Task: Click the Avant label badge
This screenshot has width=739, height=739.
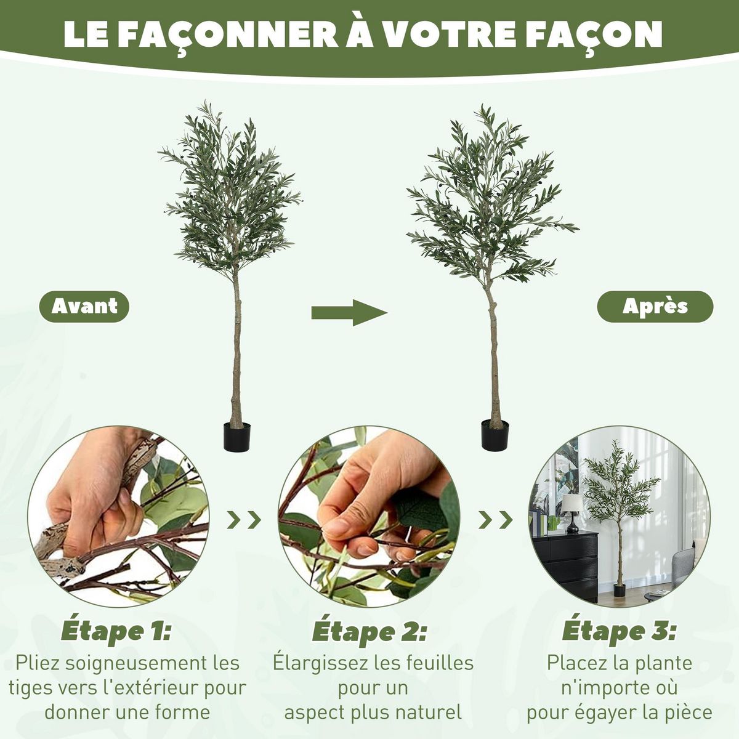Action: coord(84,307)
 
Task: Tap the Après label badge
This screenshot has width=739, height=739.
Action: coord(655,306)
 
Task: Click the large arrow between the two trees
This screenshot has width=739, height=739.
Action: coord(349,313)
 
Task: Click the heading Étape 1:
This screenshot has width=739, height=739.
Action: coord(116,631)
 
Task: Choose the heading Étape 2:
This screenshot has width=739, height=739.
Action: coord(369,632)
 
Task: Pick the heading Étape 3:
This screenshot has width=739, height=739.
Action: coord(619,631)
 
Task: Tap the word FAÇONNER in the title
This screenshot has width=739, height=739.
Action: coord(228,36)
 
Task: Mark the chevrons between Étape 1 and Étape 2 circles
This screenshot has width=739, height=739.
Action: coord(244,520)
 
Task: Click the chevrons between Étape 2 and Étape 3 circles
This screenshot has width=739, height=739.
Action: coord(496,520)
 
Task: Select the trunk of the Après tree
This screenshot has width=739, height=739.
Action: coord(493,357)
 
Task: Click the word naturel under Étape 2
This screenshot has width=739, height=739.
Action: coord(428,713)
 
